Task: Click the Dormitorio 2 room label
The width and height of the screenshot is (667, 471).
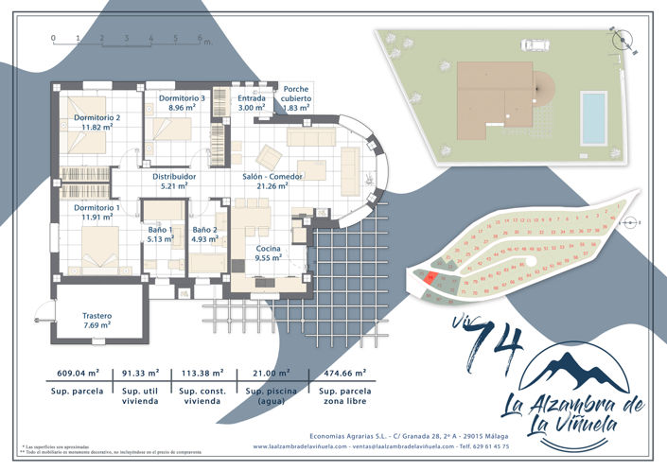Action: [x=97, y=122]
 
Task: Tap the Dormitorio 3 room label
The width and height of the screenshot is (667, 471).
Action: [x=182, y=103]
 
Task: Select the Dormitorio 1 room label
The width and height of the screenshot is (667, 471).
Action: [x=97, y=211]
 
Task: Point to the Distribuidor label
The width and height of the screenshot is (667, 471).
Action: [x=174, y=181]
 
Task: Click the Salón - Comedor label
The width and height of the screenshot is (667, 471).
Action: [x=272, y=181]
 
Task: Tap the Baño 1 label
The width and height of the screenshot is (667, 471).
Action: [x=160, y=235]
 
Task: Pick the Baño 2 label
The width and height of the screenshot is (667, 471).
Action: [x=205, y=235]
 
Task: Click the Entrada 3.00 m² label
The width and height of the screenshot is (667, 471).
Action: [x=252, y=103]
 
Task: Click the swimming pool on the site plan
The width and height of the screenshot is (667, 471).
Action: [x=593, y=115]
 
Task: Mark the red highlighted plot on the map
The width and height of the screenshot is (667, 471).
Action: [x=430, y=278]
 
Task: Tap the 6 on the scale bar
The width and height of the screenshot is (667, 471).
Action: [x=200, y=39]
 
